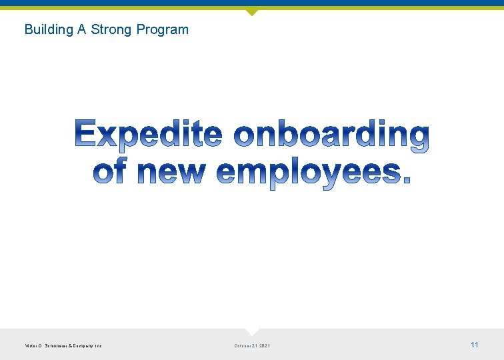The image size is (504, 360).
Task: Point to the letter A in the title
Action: click(83, 29)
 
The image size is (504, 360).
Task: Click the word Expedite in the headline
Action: click(149, 135)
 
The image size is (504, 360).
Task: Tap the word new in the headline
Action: click(171, 172)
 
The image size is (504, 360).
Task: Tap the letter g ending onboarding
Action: click(417, 139)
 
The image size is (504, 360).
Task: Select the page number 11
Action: click(475, 345)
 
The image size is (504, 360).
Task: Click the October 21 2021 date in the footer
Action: click(252, 345)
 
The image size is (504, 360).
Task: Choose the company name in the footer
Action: click(63, 345)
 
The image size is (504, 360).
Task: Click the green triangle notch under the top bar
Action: click(251, 11)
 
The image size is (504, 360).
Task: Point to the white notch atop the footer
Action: click(251, 331)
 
